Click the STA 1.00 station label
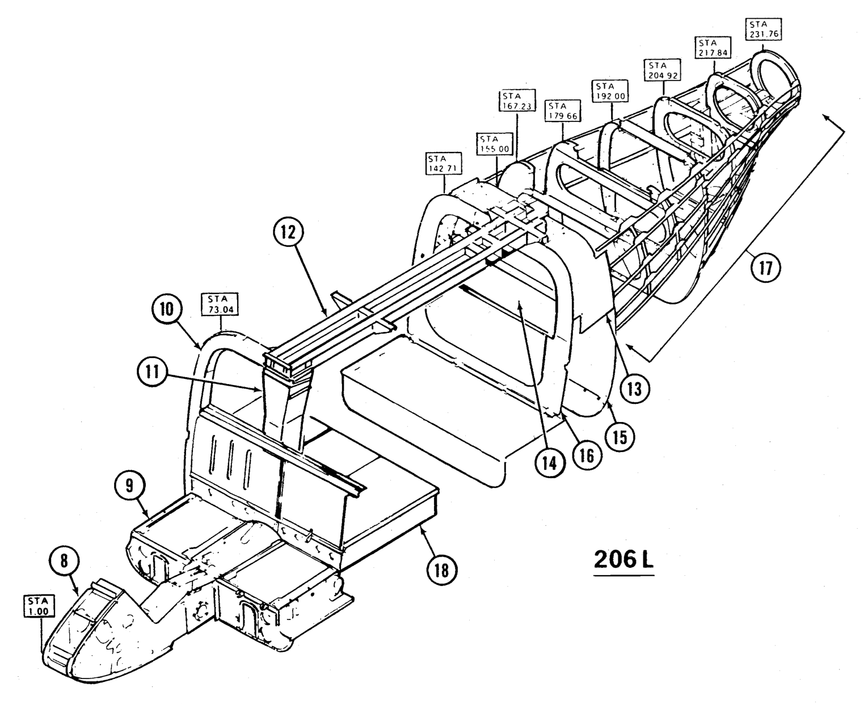[x=39, y=606]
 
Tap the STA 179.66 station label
[x=558, y=112]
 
